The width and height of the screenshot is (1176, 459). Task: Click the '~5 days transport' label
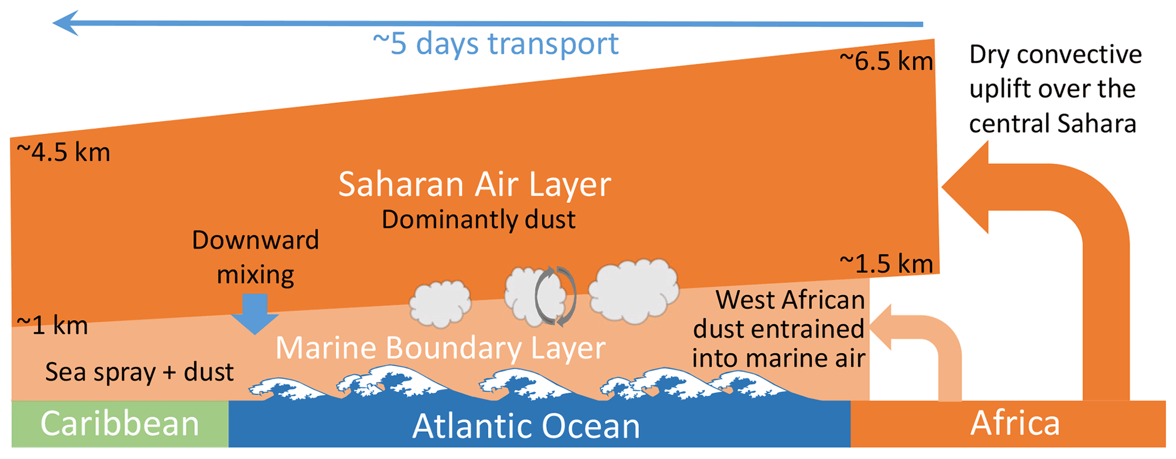tap(496, 44)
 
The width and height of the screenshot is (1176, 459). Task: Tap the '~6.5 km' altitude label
tap(886, 61)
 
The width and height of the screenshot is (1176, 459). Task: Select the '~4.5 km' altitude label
tap(63, 152)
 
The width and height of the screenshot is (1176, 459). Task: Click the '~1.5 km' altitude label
tap(886, 264)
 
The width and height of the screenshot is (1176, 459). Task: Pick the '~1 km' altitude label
tap(52, 325)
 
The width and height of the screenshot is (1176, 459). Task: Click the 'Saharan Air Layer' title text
tap(474, 184)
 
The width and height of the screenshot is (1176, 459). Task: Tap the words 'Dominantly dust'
tap(478, 220)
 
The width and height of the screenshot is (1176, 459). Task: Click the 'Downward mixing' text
tap(255, 257)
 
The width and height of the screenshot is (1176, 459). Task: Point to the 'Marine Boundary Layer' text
tap(440, 348)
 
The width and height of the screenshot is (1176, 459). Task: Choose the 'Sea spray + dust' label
tap(139, 372)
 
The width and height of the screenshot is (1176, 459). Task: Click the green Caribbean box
tap(120, 424)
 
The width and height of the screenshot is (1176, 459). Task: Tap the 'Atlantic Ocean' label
tap(526, 426)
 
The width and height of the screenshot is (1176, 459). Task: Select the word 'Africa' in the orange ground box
tap(1015, 423)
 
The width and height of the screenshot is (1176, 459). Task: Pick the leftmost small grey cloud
tap(440, 304)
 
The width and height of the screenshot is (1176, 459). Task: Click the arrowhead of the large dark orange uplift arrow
tap(965, 187)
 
